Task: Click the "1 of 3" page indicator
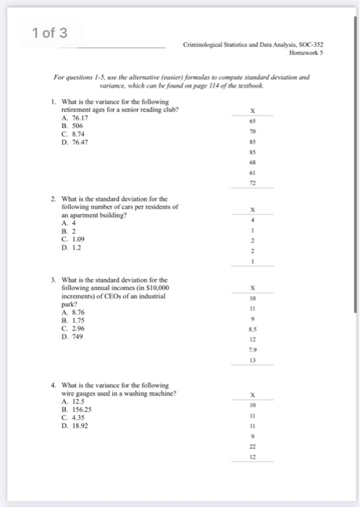tap(49, 33)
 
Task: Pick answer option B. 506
tap(73, 125)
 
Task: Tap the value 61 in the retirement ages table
tap(253, 175)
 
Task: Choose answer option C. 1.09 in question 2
tap(75, 238)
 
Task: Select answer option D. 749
tap(73, 335)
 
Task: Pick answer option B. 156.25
tap(76, 408)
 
